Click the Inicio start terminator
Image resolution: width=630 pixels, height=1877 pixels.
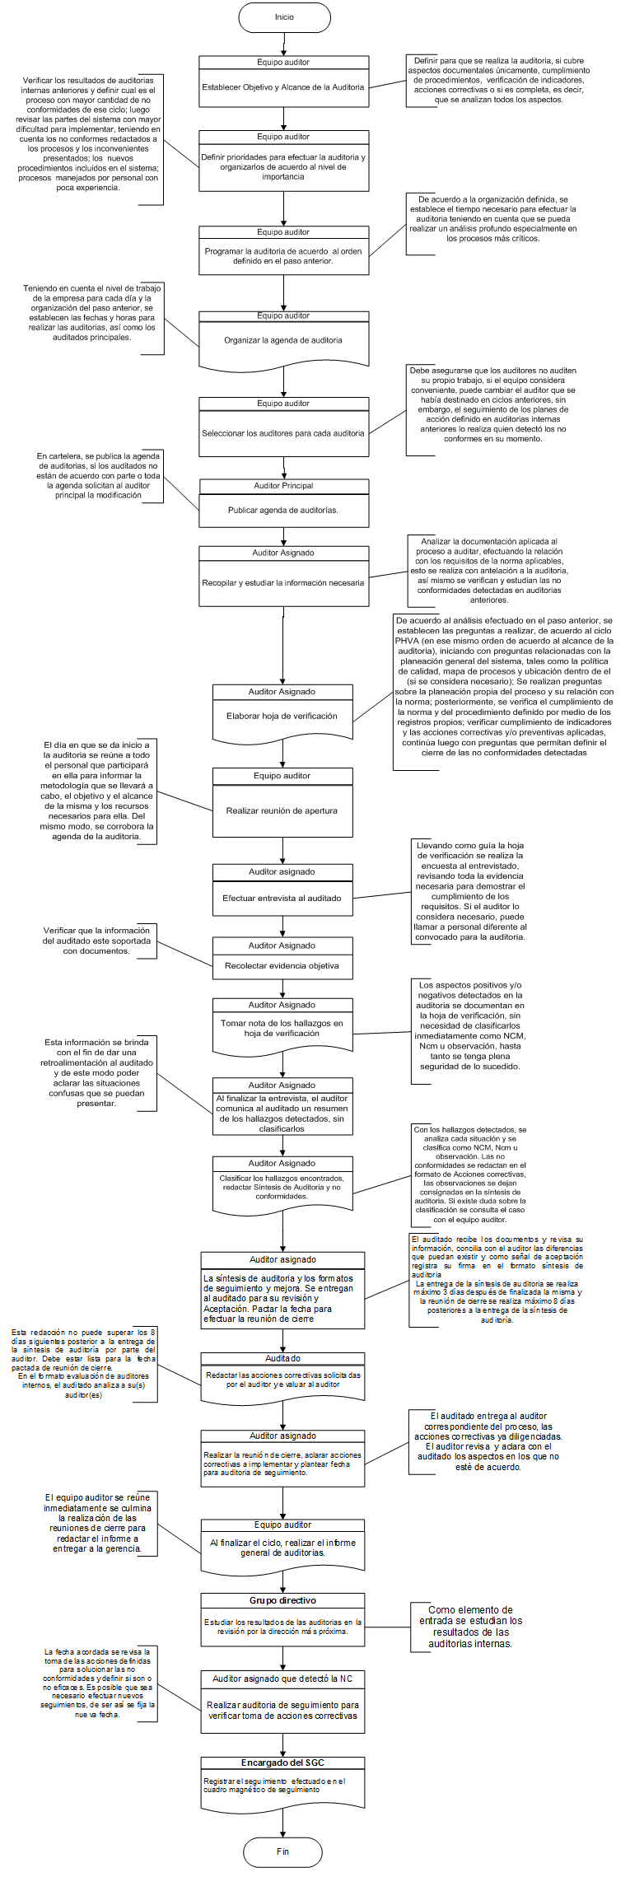(x=284, y=17)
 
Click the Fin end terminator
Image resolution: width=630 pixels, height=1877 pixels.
(x=282, y=1851)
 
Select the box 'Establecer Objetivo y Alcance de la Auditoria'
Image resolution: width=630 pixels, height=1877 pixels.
(x=283, y=87)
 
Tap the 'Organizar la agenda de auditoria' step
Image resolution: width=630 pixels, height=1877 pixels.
(x=283, y=340)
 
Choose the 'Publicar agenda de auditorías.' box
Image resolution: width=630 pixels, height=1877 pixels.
(x=283, y=511)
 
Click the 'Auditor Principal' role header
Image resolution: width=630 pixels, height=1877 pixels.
(x=283, y=486)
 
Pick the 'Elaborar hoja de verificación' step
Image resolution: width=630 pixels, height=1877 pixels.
(x=282, y=717)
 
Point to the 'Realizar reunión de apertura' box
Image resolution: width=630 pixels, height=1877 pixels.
(x=282, y=810)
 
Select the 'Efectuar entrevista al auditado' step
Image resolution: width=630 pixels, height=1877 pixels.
(x=282, y=899)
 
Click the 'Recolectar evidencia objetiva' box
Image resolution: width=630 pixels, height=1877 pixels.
(x=282, y=966)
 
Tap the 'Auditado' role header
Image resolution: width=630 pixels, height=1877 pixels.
(x=282, y=1359)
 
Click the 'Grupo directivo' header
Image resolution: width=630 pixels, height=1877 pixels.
(x=282, y=1601)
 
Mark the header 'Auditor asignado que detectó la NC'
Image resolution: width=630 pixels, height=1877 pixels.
(x=282, y=1679)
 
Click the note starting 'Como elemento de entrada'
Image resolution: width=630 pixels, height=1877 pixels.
(x=470, y=1627)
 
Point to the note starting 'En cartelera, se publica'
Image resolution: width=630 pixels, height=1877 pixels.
(x=98, y=476)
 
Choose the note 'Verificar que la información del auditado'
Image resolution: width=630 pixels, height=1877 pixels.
(x=97, y=941)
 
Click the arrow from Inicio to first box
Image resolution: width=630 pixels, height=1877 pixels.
(x=284, y=44)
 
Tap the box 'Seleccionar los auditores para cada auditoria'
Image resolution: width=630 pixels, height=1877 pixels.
(x=283, y=433)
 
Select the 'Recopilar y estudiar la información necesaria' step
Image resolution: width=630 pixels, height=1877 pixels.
(x=283, y=583)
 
